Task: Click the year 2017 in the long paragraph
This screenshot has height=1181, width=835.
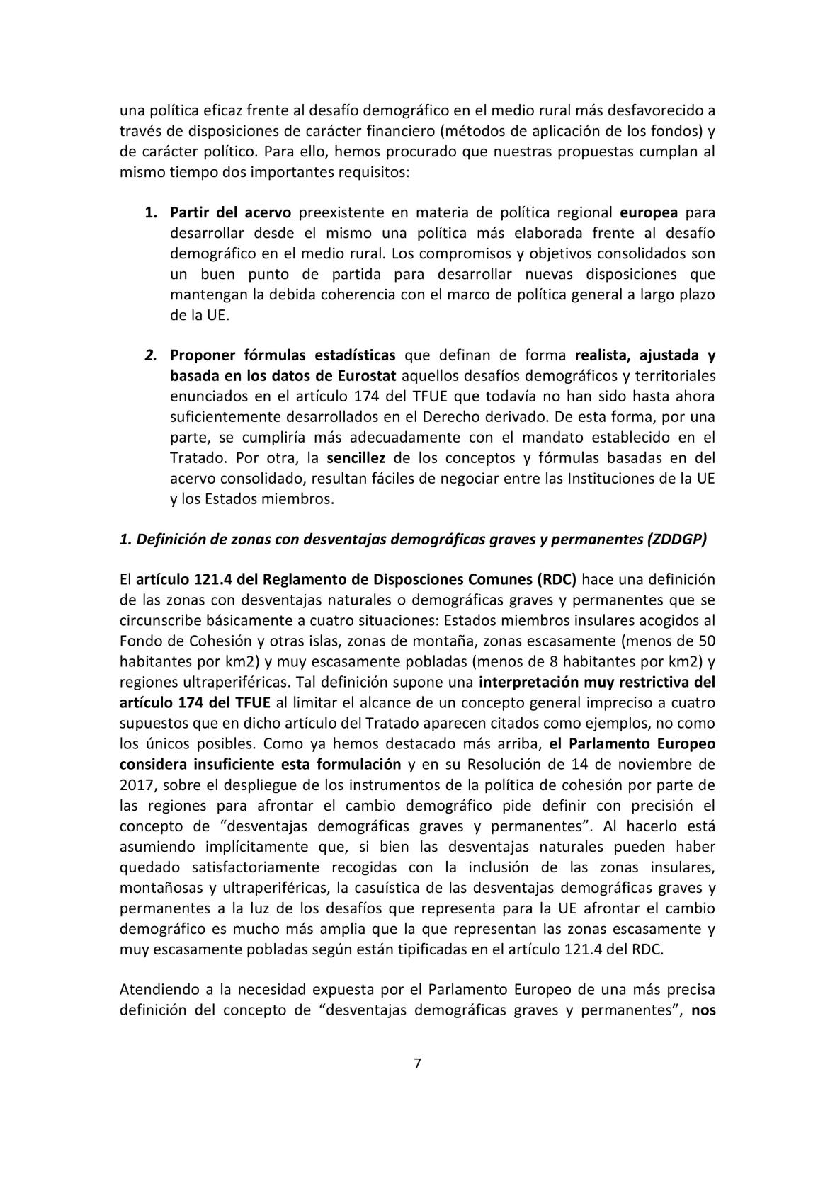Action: point(135,785)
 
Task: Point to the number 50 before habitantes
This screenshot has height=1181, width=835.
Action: point(706,641)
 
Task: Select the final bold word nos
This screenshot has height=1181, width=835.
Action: point(703,1010)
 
